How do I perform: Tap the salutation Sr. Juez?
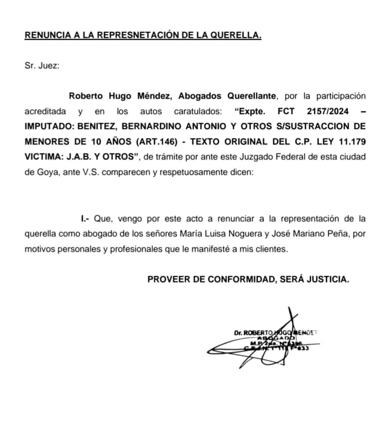coord(42,66)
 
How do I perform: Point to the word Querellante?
coord(251,96)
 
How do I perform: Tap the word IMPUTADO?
coord(50,127)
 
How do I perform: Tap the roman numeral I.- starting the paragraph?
coord(84,219)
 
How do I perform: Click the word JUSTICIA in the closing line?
coord(328,279)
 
